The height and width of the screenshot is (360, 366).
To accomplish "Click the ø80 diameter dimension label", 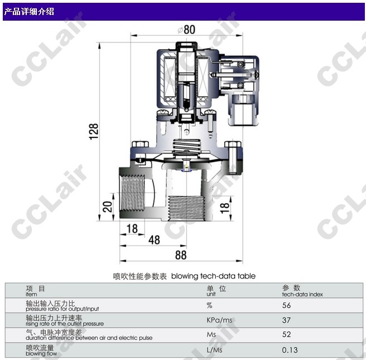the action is point(186,30).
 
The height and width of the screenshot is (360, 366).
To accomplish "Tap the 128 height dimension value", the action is point(94,131).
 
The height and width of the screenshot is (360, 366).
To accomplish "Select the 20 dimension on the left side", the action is point(108,207).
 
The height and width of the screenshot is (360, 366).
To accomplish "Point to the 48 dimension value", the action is point(154,240).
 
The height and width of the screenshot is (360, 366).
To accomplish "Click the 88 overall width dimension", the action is point(181,255).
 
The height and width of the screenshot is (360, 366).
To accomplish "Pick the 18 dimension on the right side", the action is point(224,208).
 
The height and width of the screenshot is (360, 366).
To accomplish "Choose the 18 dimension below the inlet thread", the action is point(132,229).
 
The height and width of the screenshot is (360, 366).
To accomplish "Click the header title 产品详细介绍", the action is point(29,11).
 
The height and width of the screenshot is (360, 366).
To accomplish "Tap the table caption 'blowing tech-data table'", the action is point(213,276).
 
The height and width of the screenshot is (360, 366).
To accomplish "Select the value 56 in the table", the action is point(286,305).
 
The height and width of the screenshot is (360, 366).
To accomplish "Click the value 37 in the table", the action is point(286,320).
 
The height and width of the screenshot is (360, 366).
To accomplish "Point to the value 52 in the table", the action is point(286,334).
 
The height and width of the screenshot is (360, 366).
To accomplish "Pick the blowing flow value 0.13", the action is point(290,350).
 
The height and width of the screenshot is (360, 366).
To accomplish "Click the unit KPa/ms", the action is point(219,320).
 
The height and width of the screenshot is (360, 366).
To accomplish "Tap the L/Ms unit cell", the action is point(214,350).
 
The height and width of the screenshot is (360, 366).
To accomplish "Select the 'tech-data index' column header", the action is point(302,294).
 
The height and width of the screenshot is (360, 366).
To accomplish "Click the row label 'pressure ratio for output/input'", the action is point(62,309).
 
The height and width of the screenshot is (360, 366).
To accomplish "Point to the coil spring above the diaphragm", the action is point(186,147).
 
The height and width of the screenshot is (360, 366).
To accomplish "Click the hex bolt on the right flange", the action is point(233,157).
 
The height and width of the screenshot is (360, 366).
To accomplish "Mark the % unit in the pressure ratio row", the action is point(209,305).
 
